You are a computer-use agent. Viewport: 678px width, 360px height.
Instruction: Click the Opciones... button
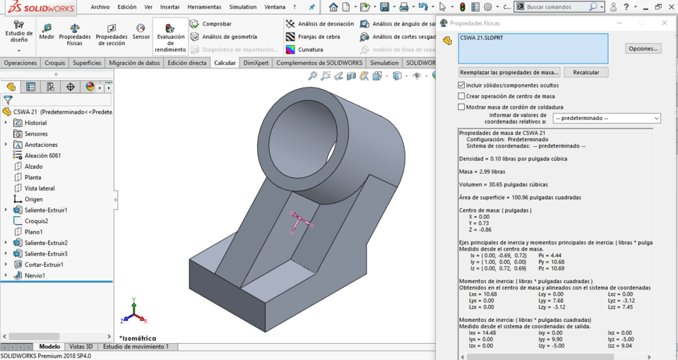click(x=643, y=49)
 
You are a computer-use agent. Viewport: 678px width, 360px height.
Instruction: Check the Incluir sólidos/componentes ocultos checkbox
click(x=462, y=85)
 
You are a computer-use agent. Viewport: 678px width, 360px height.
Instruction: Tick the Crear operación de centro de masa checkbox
click(x=462, y=96)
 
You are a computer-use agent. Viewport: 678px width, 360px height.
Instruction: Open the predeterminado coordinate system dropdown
click(x=607, y=119)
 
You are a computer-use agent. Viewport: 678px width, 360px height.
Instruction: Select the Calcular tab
click(x=225, y=63)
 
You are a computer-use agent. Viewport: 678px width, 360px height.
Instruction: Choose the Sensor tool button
click(x=141, y=32)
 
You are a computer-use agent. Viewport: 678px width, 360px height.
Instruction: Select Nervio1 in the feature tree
click(x=35, y=275)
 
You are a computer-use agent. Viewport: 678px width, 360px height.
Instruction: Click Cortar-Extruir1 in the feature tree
click(x=43, y=265)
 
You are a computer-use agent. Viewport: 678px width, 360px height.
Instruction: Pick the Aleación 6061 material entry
click(x=42, y=155)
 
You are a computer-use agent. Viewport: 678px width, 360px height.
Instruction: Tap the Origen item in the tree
click(x=33, y=199)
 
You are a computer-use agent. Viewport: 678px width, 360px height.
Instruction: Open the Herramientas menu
click(x=204, y=7)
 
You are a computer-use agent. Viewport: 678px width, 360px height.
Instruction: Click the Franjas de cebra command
click(x=319, y=37)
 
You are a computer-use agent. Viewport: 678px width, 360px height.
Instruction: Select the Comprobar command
click(x=216, y=24)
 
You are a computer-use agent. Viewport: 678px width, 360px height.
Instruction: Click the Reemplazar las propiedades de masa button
click(x=509, y=72)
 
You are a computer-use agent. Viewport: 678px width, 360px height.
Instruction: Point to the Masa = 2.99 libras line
click(x=482, y=172)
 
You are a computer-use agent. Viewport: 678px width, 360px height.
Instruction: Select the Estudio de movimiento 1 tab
click(x=136, y=347)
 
